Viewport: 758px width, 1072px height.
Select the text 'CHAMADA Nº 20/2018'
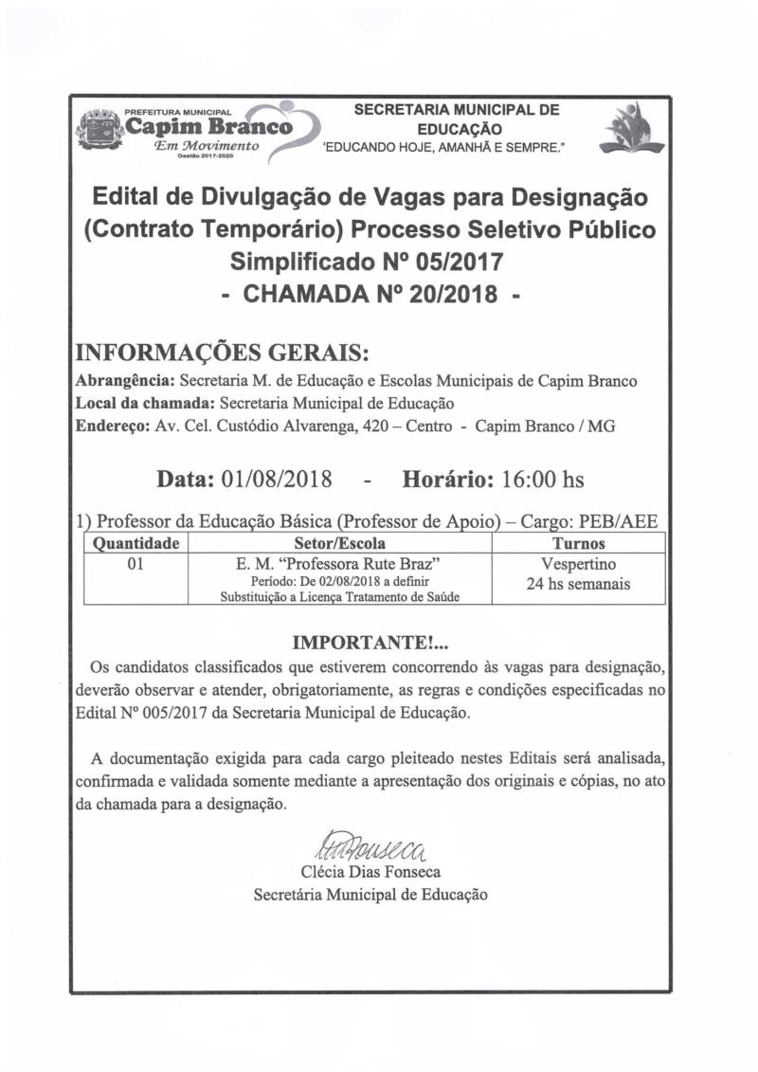point(370,294)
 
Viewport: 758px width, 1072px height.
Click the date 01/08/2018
point(276,480)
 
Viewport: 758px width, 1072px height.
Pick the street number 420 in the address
point(375,427)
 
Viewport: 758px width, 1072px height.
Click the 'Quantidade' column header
point(134,544)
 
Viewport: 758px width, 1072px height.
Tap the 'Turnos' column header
point(578,544)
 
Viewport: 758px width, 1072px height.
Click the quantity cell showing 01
point(134,564)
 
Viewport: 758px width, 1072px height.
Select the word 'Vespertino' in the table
point(578,565)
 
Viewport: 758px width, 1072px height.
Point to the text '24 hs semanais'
point(578,585)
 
